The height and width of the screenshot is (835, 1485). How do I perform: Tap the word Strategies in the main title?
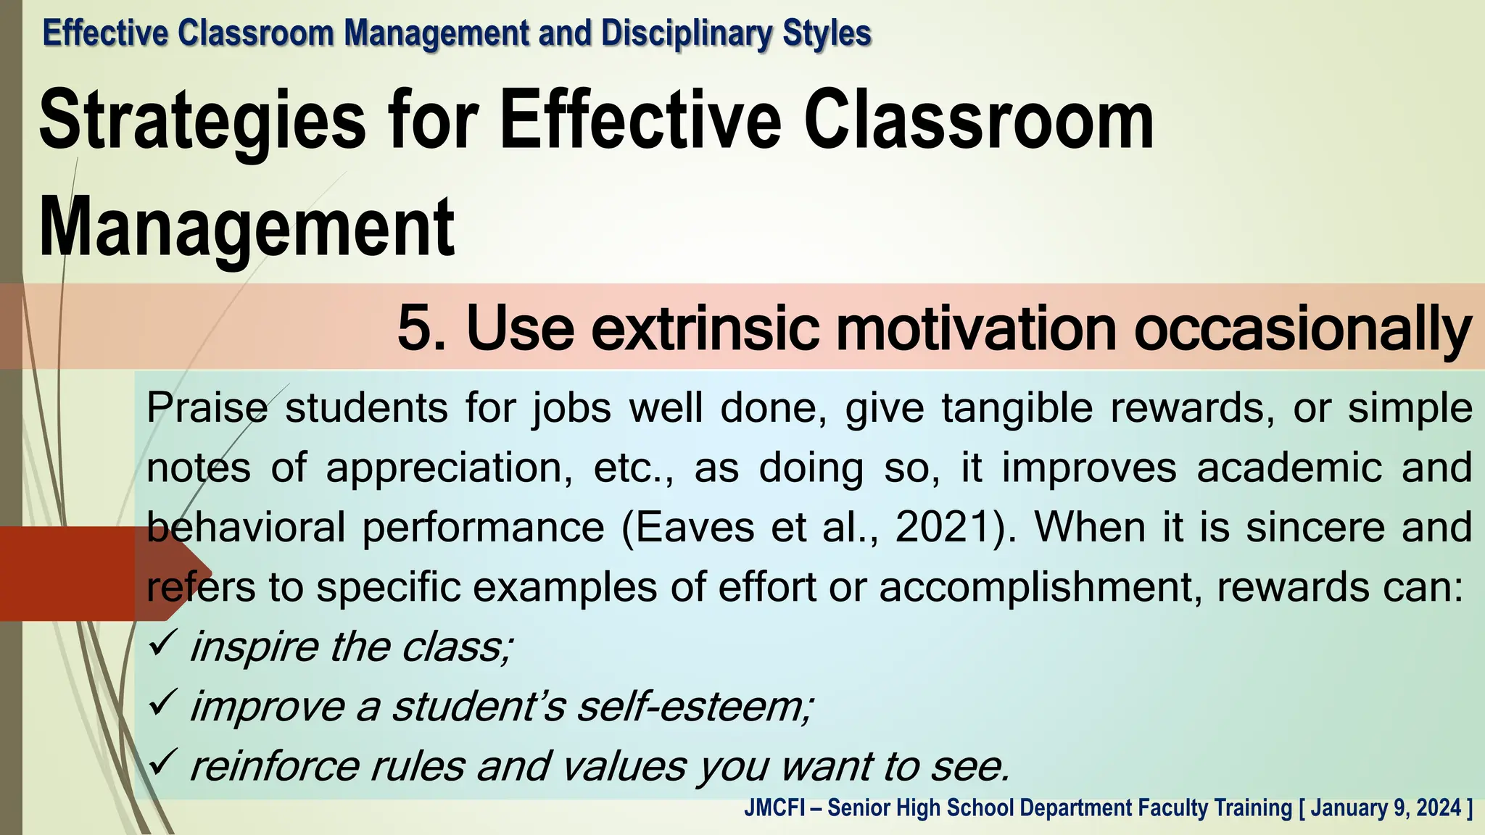tap(202, 121)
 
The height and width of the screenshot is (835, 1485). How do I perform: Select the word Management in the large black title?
tap(247, 228)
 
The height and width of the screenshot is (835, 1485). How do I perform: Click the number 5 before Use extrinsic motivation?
tap(415, 328)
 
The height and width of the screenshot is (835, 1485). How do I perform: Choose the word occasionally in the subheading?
tap(1302, 330)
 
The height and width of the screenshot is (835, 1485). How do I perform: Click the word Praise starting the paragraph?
tap(207, 408)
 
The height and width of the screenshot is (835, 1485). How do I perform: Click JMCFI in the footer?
tap(774, 808)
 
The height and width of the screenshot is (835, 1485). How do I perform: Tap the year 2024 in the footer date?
tap(1439, 808)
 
